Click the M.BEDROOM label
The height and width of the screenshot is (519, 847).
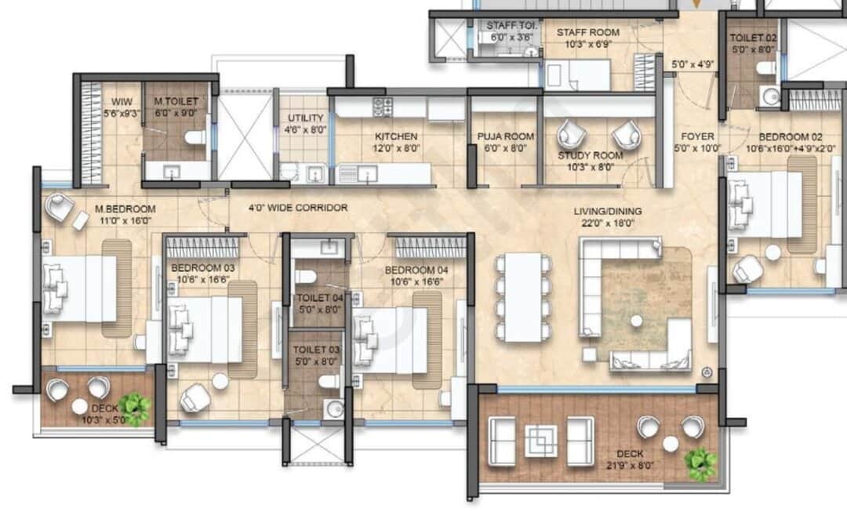[x=125, y=209]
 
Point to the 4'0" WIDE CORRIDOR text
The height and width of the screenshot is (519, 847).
[x=298, y=208]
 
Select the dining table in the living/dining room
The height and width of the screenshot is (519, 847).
[x=523, y=297]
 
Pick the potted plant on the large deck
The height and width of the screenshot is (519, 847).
[x=700, y=463]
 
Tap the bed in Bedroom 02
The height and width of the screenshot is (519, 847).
[x=765, y=203]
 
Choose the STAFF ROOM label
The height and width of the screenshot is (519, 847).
[x=587, y=33]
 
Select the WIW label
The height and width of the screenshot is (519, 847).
[x=122, y=102]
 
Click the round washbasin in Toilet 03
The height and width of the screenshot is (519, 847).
[x=336, y=408]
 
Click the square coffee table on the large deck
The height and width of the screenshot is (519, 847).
[x=541, y=440]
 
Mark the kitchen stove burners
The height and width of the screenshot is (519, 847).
[x=382, y=107]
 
